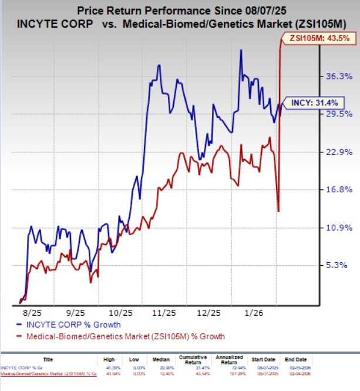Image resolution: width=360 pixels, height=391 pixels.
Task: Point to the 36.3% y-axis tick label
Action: (x=338, y=76)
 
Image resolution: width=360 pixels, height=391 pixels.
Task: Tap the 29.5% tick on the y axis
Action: (x=338, y=113)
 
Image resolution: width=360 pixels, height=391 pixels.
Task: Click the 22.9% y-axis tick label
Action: (x=338, y=152)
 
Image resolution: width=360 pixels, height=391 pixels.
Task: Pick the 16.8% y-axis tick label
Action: (x=338, y=189)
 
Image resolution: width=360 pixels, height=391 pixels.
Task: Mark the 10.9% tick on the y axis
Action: (x=338, y=228)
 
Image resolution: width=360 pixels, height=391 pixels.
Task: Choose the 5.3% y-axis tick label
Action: (x=340, y=265)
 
